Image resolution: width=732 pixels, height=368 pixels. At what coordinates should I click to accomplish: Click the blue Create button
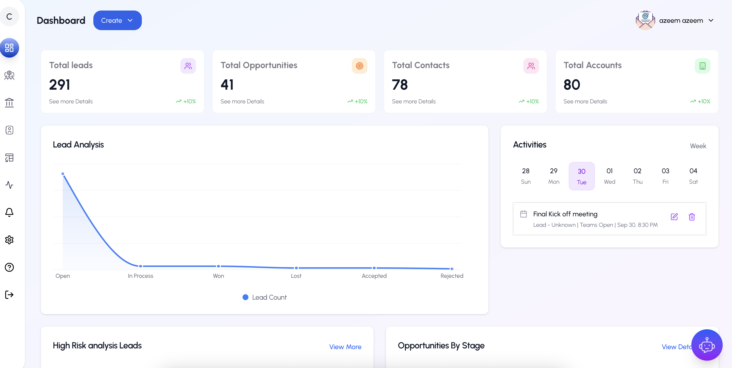tap(117, 21)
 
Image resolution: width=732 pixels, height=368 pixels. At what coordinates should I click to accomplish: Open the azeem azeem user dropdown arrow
tap(711, 21)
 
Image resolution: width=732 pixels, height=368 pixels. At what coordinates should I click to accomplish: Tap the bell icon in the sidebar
tap(9, 212)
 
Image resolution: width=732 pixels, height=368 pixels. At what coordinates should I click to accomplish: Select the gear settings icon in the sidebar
tap(9, 240)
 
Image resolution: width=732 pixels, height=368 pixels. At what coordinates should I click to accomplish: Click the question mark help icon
tap(9, 267)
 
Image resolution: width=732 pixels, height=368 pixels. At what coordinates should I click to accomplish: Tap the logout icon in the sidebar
tap(9, 295)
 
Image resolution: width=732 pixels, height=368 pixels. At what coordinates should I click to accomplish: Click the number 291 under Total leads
tap(59, 85)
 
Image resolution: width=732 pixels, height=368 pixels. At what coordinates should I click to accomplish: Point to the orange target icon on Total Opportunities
tap(359, 66)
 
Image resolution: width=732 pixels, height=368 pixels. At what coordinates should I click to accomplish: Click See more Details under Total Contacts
tap(414, 101)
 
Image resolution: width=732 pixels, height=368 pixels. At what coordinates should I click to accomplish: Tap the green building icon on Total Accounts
tap(702, 66)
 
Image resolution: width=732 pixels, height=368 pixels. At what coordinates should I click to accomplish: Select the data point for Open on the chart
tap(63, 174)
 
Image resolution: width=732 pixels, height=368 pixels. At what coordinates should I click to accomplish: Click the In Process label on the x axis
tap(140, 276)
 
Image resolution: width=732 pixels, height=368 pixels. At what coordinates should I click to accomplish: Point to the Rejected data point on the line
tap(452, 269)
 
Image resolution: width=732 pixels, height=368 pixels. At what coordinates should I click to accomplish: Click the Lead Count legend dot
tap(245, 297)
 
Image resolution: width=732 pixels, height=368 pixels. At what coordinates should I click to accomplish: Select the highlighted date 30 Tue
tap(581, 176)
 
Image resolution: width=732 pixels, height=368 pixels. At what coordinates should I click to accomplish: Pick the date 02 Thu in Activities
tap(637, 176)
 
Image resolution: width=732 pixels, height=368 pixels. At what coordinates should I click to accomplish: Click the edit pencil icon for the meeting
tap(674, 217)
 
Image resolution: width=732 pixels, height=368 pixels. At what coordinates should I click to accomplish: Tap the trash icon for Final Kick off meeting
tap(692, 217)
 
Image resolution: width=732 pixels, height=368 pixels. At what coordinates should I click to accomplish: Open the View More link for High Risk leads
tap(345, 347)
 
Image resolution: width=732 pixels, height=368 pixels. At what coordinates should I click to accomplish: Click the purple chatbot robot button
tap(707, 345)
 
